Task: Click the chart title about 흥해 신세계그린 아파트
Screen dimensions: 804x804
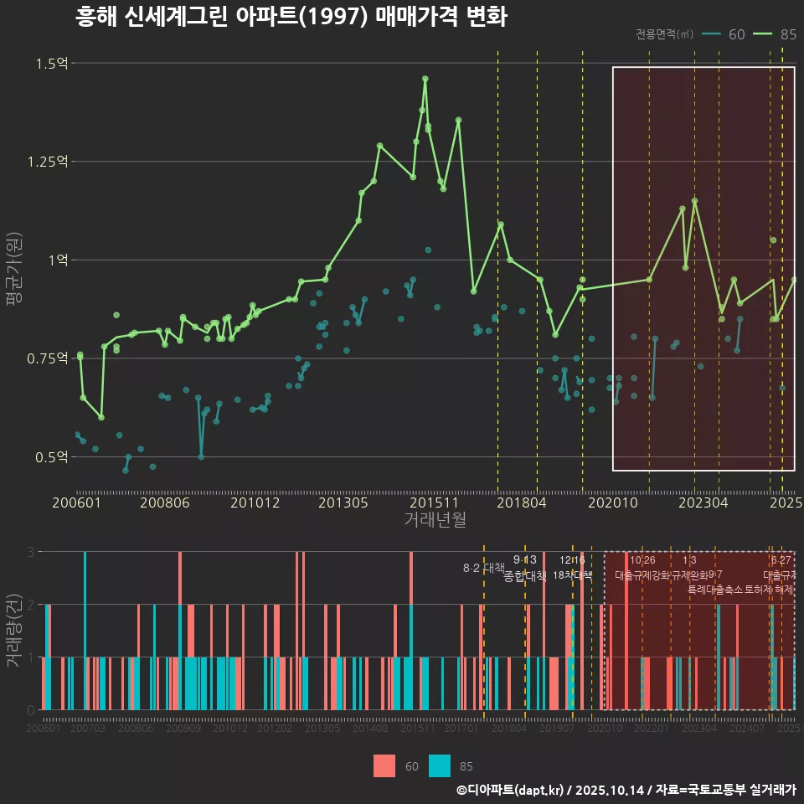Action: pos(291,17)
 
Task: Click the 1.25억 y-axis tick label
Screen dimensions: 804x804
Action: pos(48,162)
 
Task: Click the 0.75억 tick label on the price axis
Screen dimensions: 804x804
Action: pos(48,358)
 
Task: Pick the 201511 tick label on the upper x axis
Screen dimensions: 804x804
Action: pos(434,503)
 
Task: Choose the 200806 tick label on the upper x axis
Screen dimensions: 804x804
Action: pos(164,503)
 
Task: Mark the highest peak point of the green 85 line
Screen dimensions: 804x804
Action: pos(425,79)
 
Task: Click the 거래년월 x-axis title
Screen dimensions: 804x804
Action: pos(435,520)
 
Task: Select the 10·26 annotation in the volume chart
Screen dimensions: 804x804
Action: pos(642,560)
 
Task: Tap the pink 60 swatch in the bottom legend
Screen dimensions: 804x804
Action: pos(384,765)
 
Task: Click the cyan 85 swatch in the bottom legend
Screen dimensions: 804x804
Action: pos(439,765)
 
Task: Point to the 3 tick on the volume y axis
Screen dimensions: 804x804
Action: pos(31,552)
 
